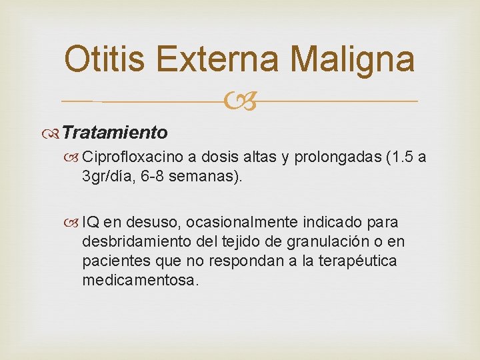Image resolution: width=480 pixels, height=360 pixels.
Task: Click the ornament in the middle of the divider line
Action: [240, 101]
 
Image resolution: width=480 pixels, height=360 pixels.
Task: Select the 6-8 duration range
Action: [151, 177]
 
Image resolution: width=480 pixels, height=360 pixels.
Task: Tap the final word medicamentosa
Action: [140, 280]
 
